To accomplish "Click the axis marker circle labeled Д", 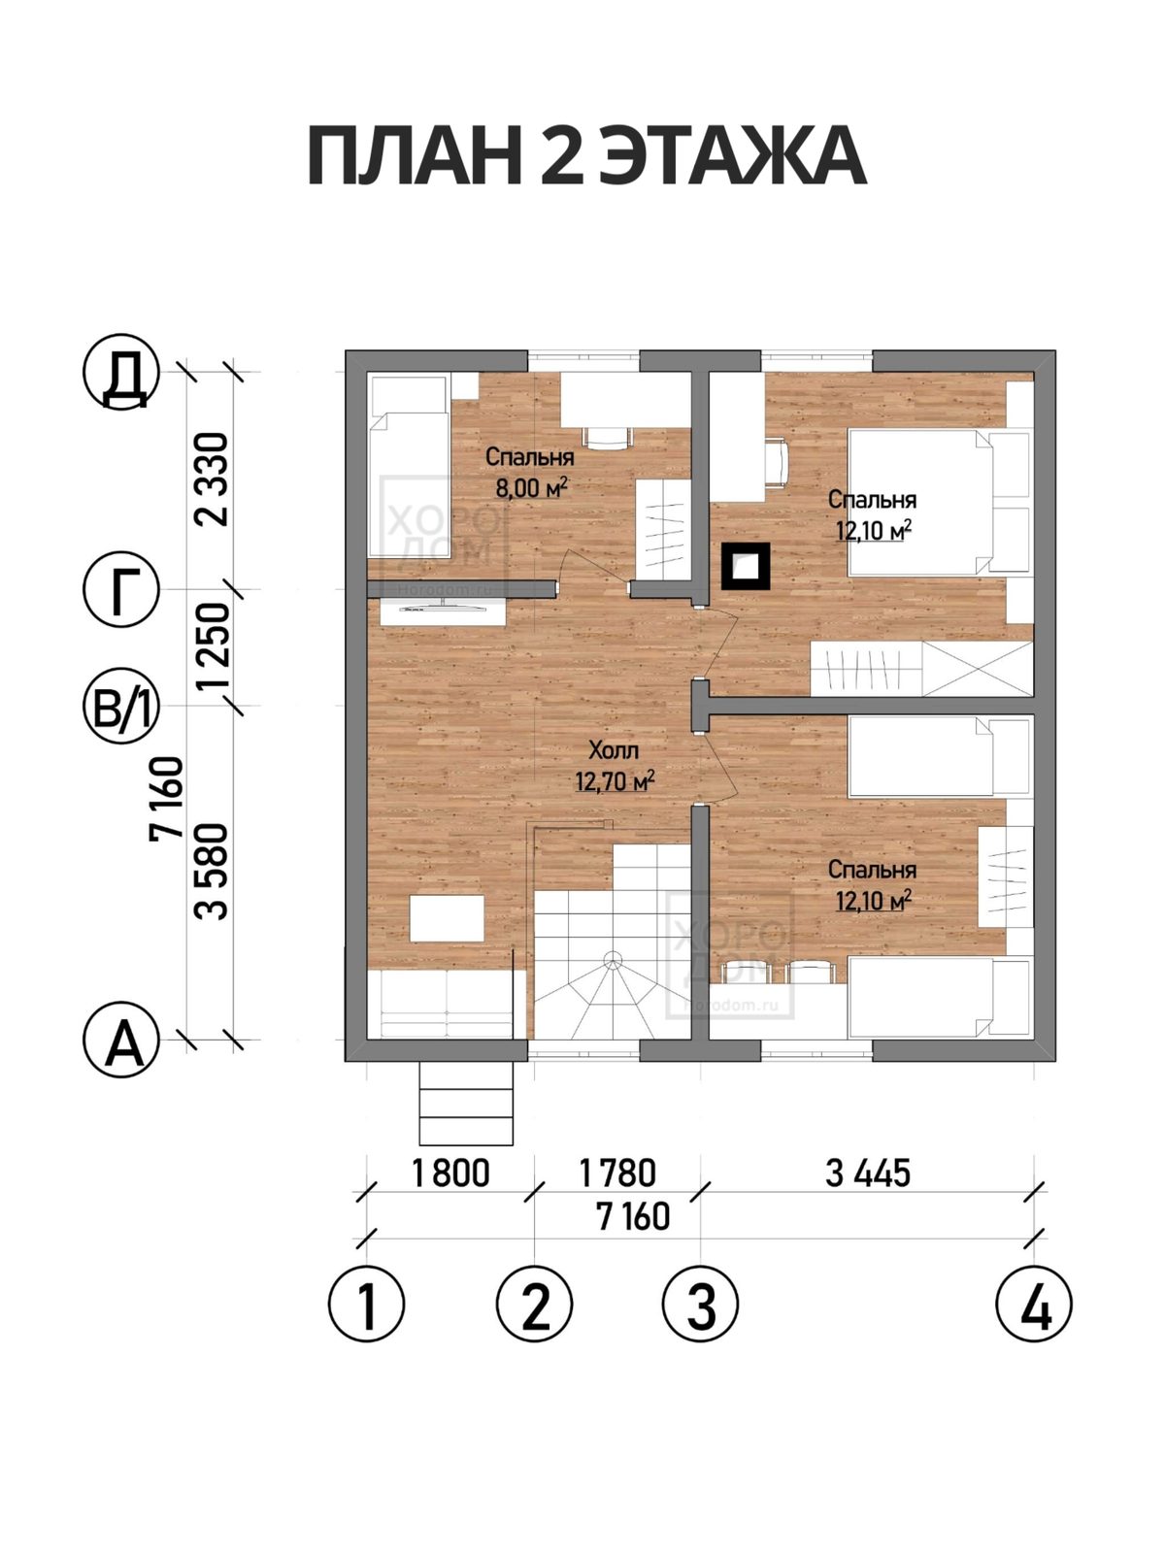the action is tap(121, 372).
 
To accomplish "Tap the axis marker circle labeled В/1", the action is tap(121, 706).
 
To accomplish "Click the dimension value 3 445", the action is tap(867, 1173).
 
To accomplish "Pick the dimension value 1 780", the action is tap(617, 1173).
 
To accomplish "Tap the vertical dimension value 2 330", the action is tap(213, 479).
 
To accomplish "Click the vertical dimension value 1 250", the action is tap(213, 646).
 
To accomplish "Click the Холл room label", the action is tap(614, 749).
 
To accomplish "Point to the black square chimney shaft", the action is tap(746, 566).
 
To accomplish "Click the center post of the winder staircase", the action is tap(613, 959).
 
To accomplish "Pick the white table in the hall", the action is tap(447, 918).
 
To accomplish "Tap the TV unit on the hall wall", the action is tap(443, 611).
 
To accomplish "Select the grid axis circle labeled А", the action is tap(121, 1040).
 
